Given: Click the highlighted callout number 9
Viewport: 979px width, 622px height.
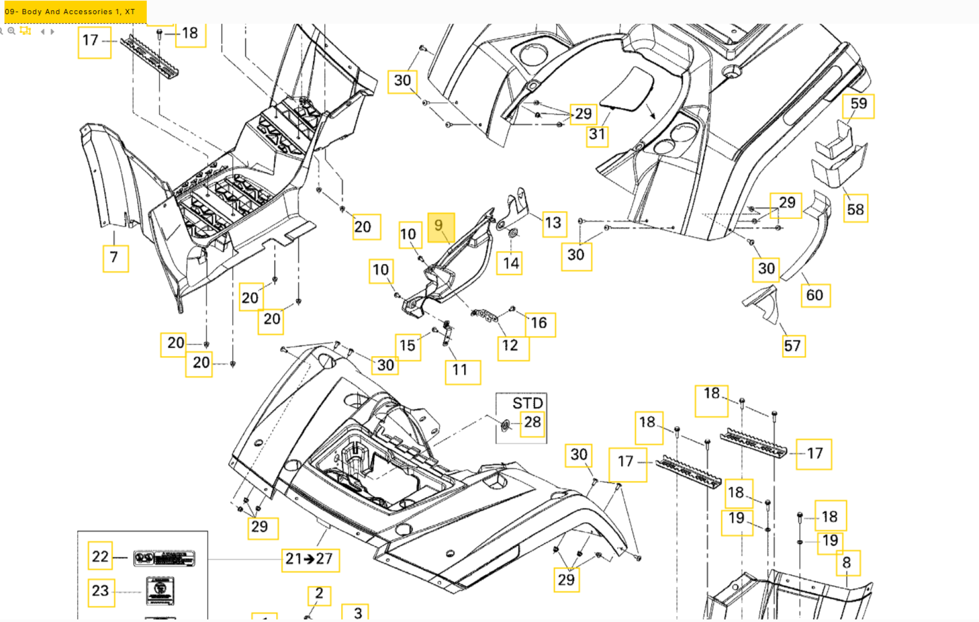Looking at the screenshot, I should (x=441, y=227).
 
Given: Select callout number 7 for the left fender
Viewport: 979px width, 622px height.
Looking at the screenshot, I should (x=115, y=258).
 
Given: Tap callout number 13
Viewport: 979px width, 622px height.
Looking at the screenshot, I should (x=554, y=223).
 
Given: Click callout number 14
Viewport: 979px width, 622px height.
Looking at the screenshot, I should (x=510, y=263).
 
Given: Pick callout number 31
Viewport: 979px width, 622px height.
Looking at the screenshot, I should (x=597, y=135).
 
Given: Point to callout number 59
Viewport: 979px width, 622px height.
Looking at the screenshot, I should (x=858, y=105).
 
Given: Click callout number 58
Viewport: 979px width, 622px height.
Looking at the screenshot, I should (x=856, y=210).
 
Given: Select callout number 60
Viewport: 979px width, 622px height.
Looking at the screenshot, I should (x=815, y=295).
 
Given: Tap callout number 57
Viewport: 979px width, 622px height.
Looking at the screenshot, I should (x=793, y=346).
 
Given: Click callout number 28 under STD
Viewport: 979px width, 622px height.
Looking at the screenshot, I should (x=533, y=422).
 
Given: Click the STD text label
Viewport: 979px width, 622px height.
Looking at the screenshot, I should (x=527, y=403).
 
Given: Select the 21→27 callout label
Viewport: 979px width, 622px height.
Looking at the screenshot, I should (x=309, y=559).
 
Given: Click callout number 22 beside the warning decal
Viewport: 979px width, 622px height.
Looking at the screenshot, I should (x=100, y=556).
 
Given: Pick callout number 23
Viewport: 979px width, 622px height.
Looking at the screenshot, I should (x=100, y=591).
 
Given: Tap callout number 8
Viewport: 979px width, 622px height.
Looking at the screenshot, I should (x=847, y=563).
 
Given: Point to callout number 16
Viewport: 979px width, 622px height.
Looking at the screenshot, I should (x=539, y=323).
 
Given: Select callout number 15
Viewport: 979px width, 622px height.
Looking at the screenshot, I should (x=407, y=346).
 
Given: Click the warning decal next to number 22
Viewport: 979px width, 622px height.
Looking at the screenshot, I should (x=164, y=558).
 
